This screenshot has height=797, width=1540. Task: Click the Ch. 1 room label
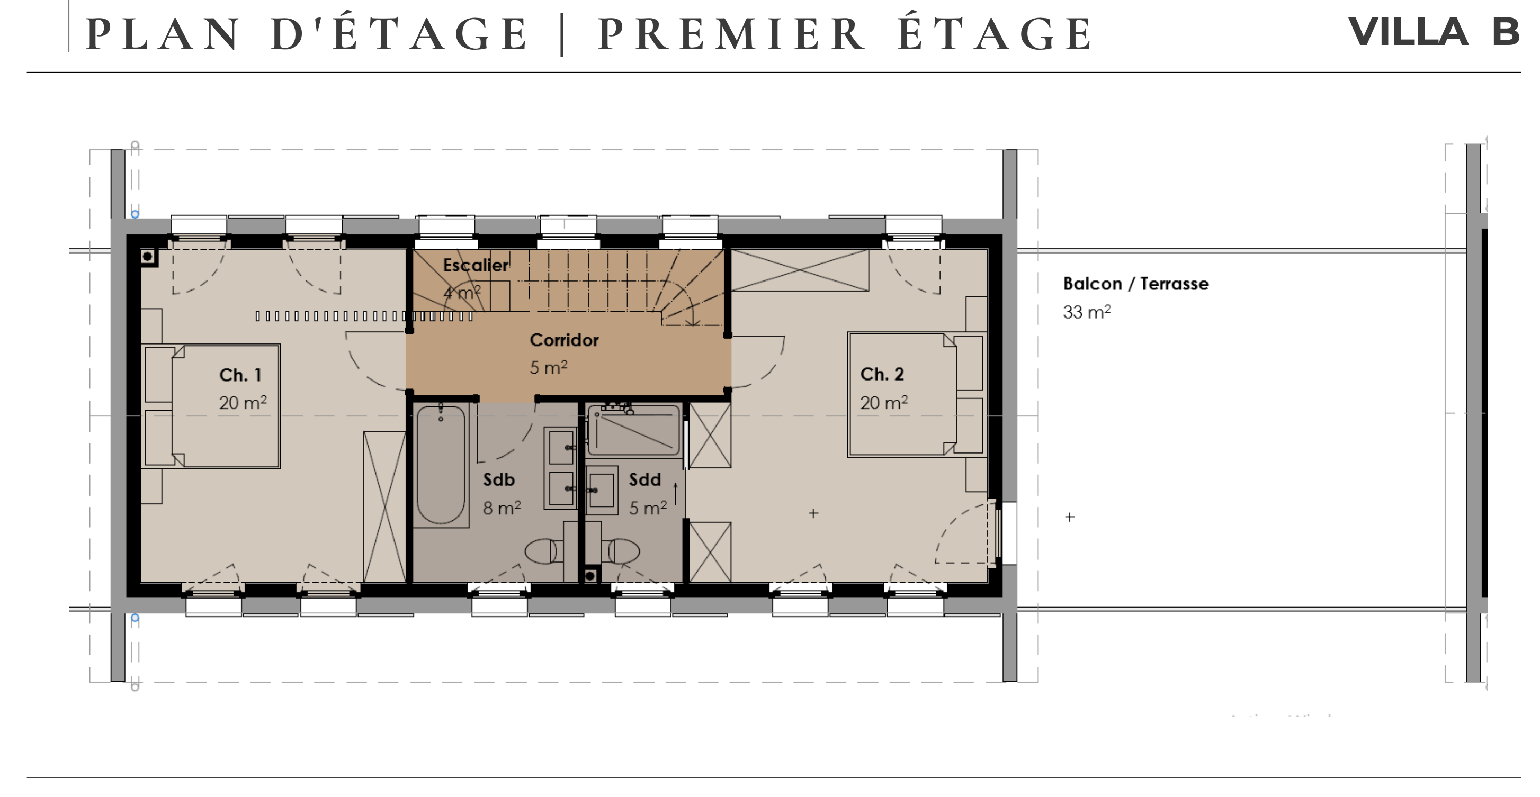click(x=240, y=375)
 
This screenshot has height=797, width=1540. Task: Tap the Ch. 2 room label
click(x=882, y=374)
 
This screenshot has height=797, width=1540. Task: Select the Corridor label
click(x=564, y=340)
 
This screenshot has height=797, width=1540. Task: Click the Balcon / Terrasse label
click(x=1135, y=283)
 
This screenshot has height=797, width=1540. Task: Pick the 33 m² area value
click(x=1086, y=311)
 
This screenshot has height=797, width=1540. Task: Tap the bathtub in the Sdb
click(x=441, y=465)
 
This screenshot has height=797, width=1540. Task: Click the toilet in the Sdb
click(x=544, y=551)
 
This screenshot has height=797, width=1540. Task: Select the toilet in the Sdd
click(x=622, y=551)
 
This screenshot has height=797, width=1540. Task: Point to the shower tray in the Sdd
click(x=634, y=430)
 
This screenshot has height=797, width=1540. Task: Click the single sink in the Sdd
click(x=602, y=491)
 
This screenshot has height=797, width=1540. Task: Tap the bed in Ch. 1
click(x=212, y=406)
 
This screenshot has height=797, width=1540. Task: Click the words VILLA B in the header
click(x=1434, y=32)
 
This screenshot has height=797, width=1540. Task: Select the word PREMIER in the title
click(x=730, y=34)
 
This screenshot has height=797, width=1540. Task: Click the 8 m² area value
click(x=502, y=508)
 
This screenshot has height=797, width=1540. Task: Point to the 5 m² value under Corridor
click(x=548, y=367)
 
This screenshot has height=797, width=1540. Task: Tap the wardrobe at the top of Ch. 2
click(x=800, y=270)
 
